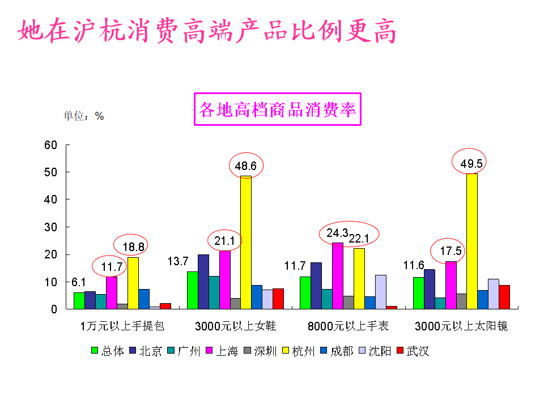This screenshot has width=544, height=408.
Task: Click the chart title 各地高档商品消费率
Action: click(x=278, y=109)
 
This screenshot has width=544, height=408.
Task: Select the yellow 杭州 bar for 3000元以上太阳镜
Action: click(x=471, y=241)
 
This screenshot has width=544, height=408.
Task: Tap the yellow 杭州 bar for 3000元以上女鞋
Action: click(x=246, y=243)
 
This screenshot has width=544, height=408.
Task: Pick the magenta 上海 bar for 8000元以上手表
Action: click(x=338, y=275)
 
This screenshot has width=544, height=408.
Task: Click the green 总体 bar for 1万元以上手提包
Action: click(x=79, y=301)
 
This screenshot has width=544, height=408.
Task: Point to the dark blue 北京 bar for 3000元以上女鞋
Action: click(x=203, y=282)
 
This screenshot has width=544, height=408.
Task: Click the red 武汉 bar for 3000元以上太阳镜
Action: click(x=504, y=297)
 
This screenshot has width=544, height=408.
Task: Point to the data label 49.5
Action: click(x=471, y=164)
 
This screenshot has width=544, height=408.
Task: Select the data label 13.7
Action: click(x=178, y=261)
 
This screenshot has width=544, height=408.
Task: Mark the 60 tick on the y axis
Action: click(x=51, y=145)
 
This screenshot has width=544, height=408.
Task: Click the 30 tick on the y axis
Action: click(x=51, y=227)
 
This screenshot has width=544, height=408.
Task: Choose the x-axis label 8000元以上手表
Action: click(x=348, y=326)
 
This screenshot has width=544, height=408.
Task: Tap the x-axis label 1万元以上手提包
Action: click(x=122, y=326)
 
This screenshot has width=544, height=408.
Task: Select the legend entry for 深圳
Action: click(x=260, y=351)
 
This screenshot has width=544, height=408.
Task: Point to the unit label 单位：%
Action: click(x=84, y=116)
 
